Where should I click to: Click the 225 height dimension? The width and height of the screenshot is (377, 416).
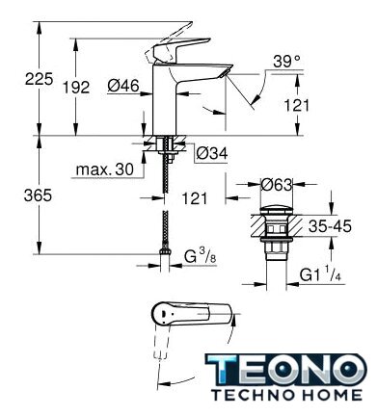click(x=39, y=79)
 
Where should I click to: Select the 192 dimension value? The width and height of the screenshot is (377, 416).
click(x=76, y=87)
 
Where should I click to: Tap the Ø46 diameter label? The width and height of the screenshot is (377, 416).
click(x=123, y=86)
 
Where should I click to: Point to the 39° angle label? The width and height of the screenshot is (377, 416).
click(x=286, y=61)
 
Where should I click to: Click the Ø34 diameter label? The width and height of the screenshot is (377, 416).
click(x=212, y=153)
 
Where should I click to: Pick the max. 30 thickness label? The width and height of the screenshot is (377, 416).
click(x=105, y=169)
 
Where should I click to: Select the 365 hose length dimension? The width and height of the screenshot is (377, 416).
click(x=38, y=195)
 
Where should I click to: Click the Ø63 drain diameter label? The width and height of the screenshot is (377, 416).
click(x=277, y=185)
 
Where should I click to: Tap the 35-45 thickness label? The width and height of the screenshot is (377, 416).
click(x=330, y=226)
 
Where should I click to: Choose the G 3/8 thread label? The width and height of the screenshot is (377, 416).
click(x=201, y=256)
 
